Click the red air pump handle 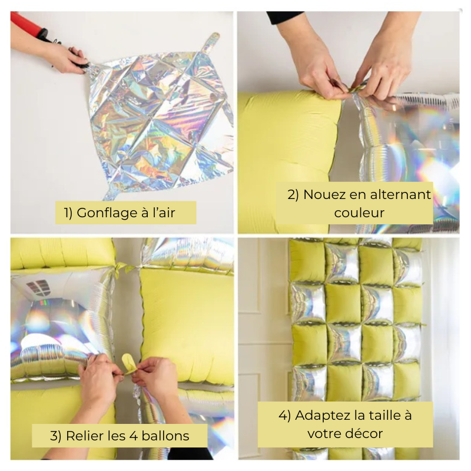[27, 25]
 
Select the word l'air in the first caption [164, 213]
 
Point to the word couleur [359, 213]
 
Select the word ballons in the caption [165, 436]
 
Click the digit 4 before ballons [134, 436]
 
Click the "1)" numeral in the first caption [68, 213]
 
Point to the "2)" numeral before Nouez [293, 195]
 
